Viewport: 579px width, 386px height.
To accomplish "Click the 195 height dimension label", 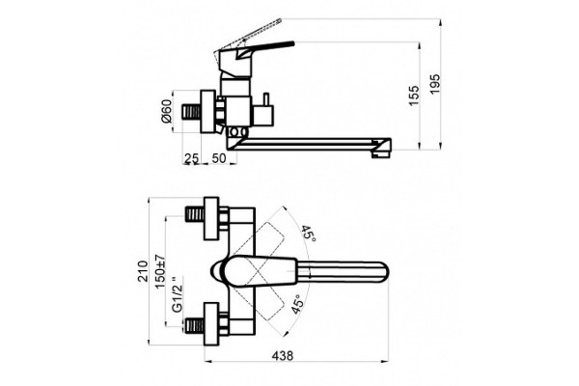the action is [x=435, y=84].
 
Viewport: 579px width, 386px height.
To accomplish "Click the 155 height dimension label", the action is [x=414, y=96].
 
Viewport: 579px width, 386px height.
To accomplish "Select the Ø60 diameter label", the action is [x=167, y=111].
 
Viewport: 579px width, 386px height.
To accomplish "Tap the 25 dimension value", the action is [x=192, y=158].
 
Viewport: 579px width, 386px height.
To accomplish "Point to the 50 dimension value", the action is [x=219, y=158].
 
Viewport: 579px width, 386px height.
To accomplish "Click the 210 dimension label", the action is [x=143, y=271].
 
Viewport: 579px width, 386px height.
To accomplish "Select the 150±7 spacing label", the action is [x=160, y=272].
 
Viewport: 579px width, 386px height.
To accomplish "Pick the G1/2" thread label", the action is [x=178, y=294].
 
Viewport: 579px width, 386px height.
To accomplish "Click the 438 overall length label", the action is [x=283, y=356].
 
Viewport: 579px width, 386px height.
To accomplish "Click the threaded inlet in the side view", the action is [x=192, y=112].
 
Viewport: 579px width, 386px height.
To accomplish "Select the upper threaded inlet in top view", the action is [x=194, y=214].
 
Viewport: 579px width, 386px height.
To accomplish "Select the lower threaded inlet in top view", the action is [x=194, y=327].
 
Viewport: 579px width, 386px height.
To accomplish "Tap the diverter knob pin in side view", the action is [x=265, y=98].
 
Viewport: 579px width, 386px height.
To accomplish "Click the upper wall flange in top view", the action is [x=211, y=218].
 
